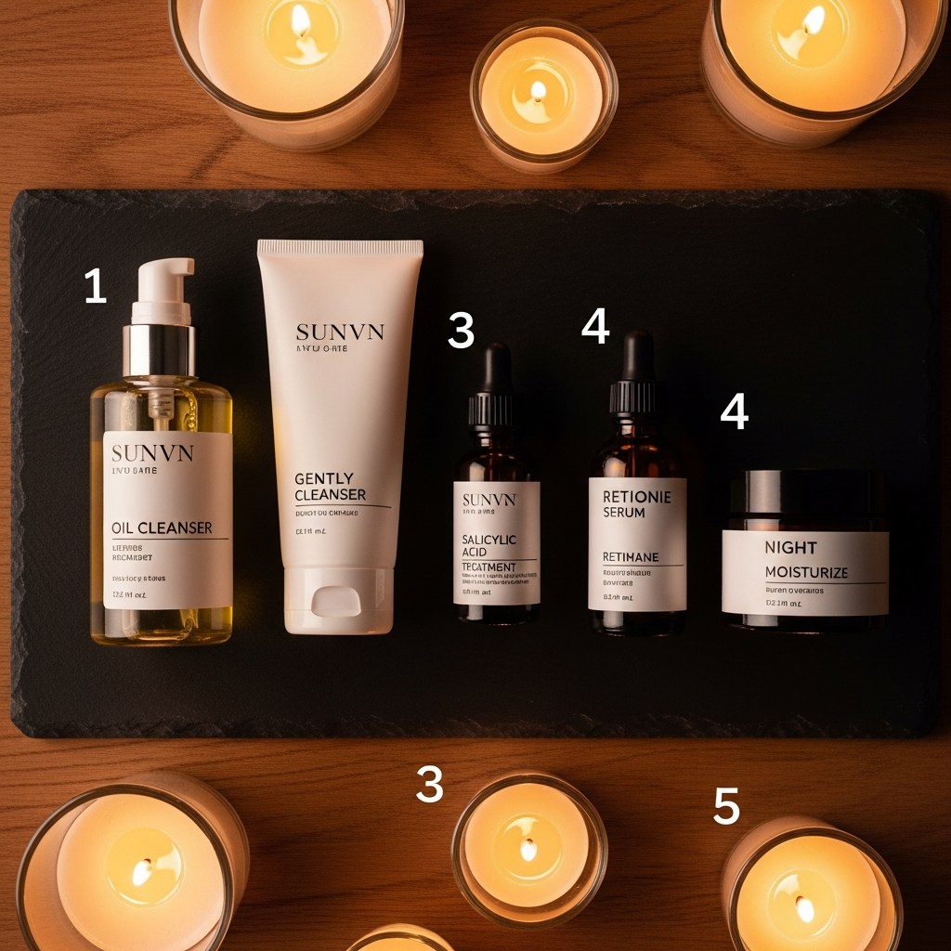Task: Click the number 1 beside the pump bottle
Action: (x=95, y=286)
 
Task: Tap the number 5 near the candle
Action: (x=726, y=806)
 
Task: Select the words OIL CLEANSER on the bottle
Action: (x=162, y=528)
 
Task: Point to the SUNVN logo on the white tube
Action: (x=340, y=332)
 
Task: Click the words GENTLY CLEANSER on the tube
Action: (x=330, y=487)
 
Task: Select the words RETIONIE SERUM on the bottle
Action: (x=636, y=504)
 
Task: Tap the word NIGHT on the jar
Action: (x=790, y=548)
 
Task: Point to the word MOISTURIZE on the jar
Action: (x=806, y=572)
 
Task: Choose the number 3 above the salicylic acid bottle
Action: (x=461, y=330)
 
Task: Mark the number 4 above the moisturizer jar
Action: (x=734, y=410)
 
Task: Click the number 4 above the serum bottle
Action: (x=595, y=325)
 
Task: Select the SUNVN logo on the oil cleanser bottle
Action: (x=152, y=453)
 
